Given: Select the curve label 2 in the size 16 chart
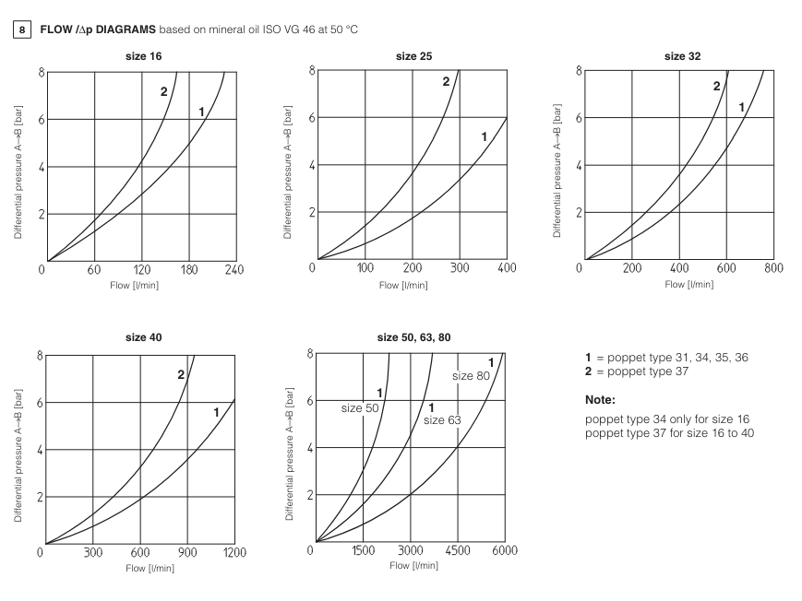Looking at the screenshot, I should pos(163,92).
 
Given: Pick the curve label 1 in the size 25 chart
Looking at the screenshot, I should pos(484,137).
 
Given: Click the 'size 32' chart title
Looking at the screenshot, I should pos(682,55).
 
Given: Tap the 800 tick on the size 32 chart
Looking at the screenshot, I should pos(772,268).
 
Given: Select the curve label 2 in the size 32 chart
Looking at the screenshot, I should pos(716,86).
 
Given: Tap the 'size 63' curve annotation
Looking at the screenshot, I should pos(441,420).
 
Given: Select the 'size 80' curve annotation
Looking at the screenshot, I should pos(470,376).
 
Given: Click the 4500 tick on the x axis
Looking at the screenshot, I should pos(458,551).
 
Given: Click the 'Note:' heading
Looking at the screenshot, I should pos(600,401).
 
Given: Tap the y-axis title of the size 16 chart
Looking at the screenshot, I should pos(18,169).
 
